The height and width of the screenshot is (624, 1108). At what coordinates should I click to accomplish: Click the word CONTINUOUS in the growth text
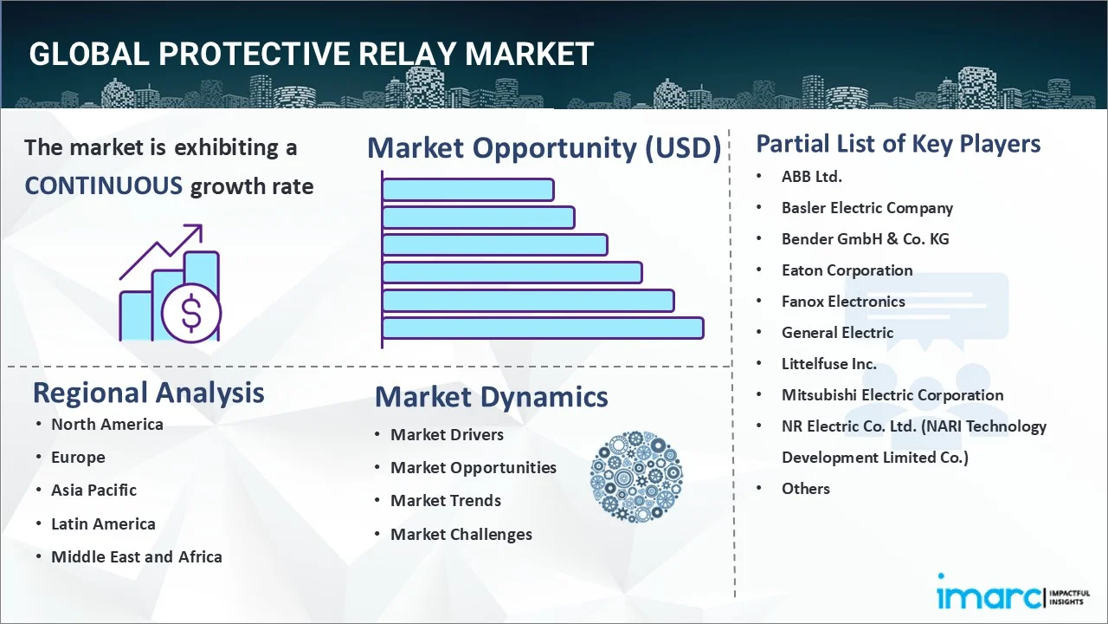(x=103, y=185)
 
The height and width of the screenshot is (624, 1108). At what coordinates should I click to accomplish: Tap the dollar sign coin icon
(x=191, y=315)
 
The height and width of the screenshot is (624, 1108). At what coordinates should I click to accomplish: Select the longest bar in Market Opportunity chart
(x=542, y=328)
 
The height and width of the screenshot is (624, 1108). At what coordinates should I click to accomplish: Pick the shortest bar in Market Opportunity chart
(x=467, y=189)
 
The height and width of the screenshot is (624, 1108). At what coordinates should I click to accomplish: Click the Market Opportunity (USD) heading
(x=544, y=148)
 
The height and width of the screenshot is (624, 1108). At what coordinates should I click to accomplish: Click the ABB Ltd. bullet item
(x=811, y=177)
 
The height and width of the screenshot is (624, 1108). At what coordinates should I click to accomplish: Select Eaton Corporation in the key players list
(x=847, y=270)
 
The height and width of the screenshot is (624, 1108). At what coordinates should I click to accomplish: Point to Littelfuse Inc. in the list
(x=828, y=364)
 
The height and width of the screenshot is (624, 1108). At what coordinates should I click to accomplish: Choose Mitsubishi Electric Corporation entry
(x=892, y=395)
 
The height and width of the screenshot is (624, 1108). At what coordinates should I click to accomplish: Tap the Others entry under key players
(x=805, y=489)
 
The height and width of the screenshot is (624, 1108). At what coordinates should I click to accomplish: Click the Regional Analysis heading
(x=148, y=393)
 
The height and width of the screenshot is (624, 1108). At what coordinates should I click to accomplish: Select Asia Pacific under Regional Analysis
(x=93, y=491)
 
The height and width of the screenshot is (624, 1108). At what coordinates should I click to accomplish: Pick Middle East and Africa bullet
(x=136, y=557)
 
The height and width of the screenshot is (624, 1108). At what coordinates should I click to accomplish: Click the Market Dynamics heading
(x=491, y=397)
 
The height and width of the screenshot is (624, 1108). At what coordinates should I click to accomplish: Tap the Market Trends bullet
(x=445, y=501)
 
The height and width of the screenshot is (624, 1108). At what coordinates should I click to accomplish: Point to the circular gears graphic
(x=636, y=477)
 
